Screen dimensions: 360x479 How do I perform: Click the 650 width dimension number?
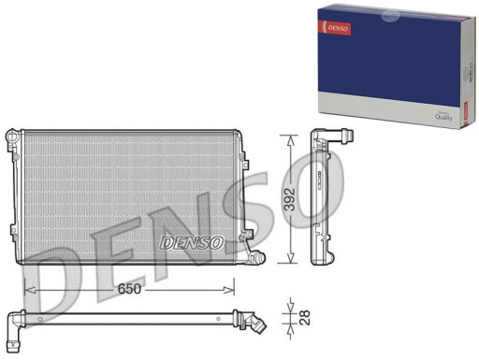click(129, 289)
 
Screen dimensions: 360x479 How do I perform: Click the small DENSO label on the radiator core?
click(193, 242)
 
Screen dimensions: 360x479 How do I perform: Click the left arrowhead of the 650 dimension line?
click(28, 289)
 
